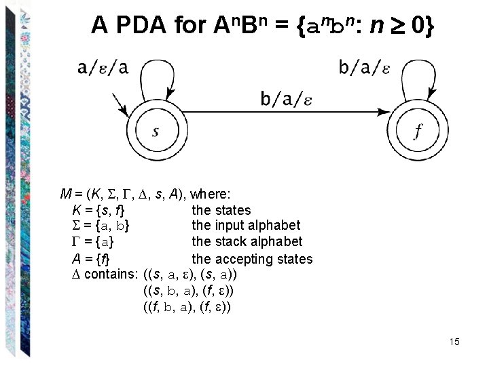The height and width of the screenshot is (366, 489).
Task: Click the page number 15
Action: click(x=454, y=342)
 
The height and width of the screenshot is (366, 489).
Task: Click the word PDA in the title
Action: click(x=142, y=25)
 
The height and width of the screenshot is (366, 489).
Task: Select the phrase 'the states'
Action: click(x=221, y=210)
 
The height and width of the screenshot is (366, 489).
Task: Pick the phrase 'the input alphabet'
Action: click(x=246, y=226)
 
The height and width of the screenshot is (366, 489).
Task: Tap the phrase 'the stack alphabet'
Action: click(x=247, y=242)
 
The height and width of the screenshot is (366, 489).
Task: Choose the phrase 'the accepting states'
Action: click(x=252, y=259)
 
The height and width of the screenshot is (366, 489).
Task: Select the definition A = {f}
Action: click(x=90, y=259)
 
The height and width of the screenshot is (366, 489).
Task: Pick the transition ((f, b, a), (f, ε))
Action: click(x=188, y=307)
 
